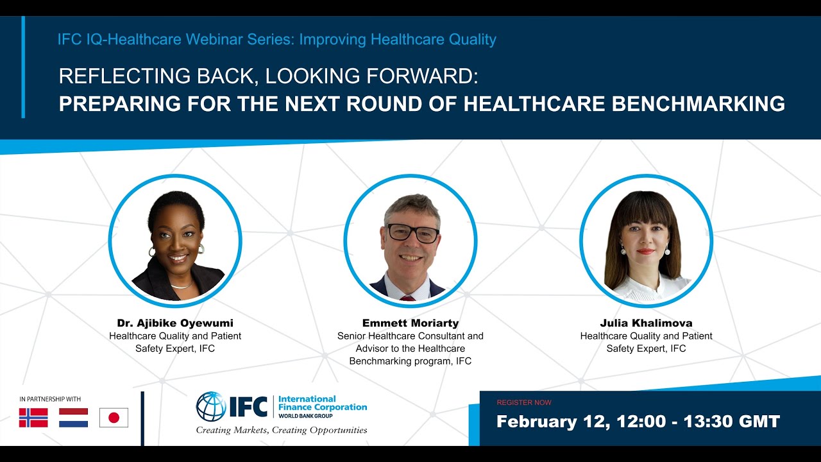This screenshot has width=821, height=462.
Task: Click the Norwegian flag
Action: [x=33, y=418]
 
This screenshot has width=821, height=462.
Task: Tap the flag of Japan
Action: [x=114, y=418]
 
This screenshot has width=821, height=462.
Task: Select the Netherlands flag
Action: [x=73, y=418]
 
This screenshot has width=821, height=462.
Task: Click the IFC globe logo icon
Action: [x=211, y=407]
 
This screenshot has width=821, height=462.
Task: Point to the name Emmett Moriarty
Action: [x=410, y=323]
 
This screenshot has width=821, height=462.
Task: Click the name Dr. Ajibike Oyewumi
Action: [x=175, y=323]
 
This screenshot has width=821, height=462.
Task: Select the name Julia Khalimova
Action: [x=646, y=323]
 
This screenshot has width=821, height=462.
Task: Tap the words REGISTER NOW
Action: [x=523, y=402]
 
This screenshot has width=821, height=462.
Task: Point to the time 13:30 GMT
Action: [x=731, y=422]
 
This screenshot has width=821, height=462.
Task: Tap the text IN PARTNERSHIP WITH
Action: [x=50, y=399]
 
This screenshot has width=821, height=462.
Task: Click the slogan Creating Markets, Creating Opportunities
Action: [x=282, y=430]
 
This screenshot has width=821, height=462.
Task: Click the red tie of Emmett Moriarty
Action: [x=407, y=298]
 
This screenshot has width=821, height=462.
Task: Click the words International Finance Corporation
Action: [x=323, y=403]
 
